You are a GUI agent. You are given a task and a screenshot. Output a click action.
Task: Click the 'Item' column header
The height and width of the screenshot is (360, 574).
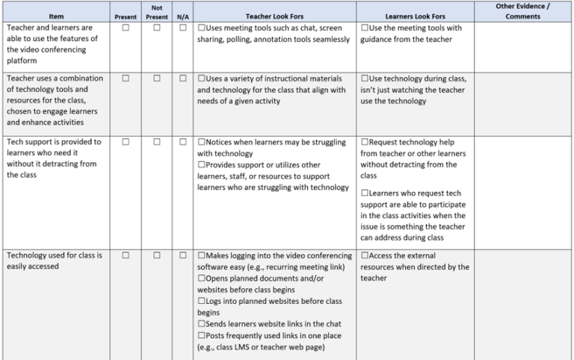(56, 16)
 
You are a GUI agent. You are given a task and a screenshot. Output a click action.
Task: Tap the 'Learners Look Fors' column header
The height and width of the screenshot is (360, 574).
(415, 16)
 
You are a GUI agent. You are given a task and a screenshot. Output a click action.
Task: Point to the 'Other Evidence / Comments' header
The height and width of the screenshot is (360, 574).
(522, 11)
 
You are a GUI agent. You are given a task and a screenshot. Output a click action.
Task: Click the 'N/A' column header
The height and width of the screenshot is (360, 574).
(182, 16)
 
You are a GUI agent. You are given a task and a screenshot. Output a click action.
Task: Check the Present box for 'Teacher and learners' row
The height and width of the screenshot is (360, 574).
(126, 28)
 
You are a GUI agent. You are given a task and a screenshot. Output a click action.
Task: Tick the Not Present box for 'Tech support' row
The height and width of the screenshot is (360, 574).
(157, 142)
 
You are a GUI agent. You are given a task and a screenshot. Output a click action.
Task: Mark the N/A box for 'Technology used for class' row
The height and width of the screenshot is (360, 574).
(183, 255)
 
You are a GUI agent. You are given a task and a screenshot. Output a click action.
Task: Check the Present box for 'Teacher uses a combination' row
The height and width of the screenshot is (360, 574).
(126, 78)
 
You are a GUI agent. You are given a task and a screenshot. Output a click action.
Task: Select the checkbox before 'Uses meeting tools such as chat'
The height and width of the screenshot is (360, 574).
(202, 28)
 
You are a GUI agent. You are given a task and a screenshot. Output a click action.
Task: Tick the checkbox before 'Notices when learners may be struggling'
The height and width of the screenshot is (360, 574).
(202, 142)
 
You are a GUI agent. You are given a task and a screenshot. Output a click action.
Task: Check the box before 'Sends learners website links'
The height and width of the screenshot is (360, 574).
(202, 324)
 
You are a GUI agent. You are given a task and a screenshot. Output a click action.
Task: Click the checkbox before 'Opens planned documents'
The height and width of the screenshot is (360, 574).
(202, 278)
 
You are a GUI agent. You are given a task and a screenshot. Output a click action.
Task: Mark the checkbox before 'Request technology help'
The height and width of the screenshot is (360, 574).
(365, 142)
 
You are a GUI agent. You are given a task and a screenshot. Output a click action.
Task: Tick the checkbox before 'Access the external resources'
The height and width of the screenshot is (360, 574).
(365, 255)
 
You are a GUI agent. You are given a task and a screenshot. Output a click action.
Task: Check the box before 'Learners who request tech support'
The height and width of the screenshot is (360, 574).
(365, 193)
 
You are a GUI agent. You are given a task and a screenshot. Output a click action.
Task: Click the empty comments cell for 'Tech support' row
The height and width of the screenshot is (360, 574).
(522, 190)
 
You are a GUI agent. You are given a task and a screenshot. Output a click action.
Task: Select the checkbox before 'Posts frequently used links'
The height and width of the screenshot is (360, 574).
(202, 335)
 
